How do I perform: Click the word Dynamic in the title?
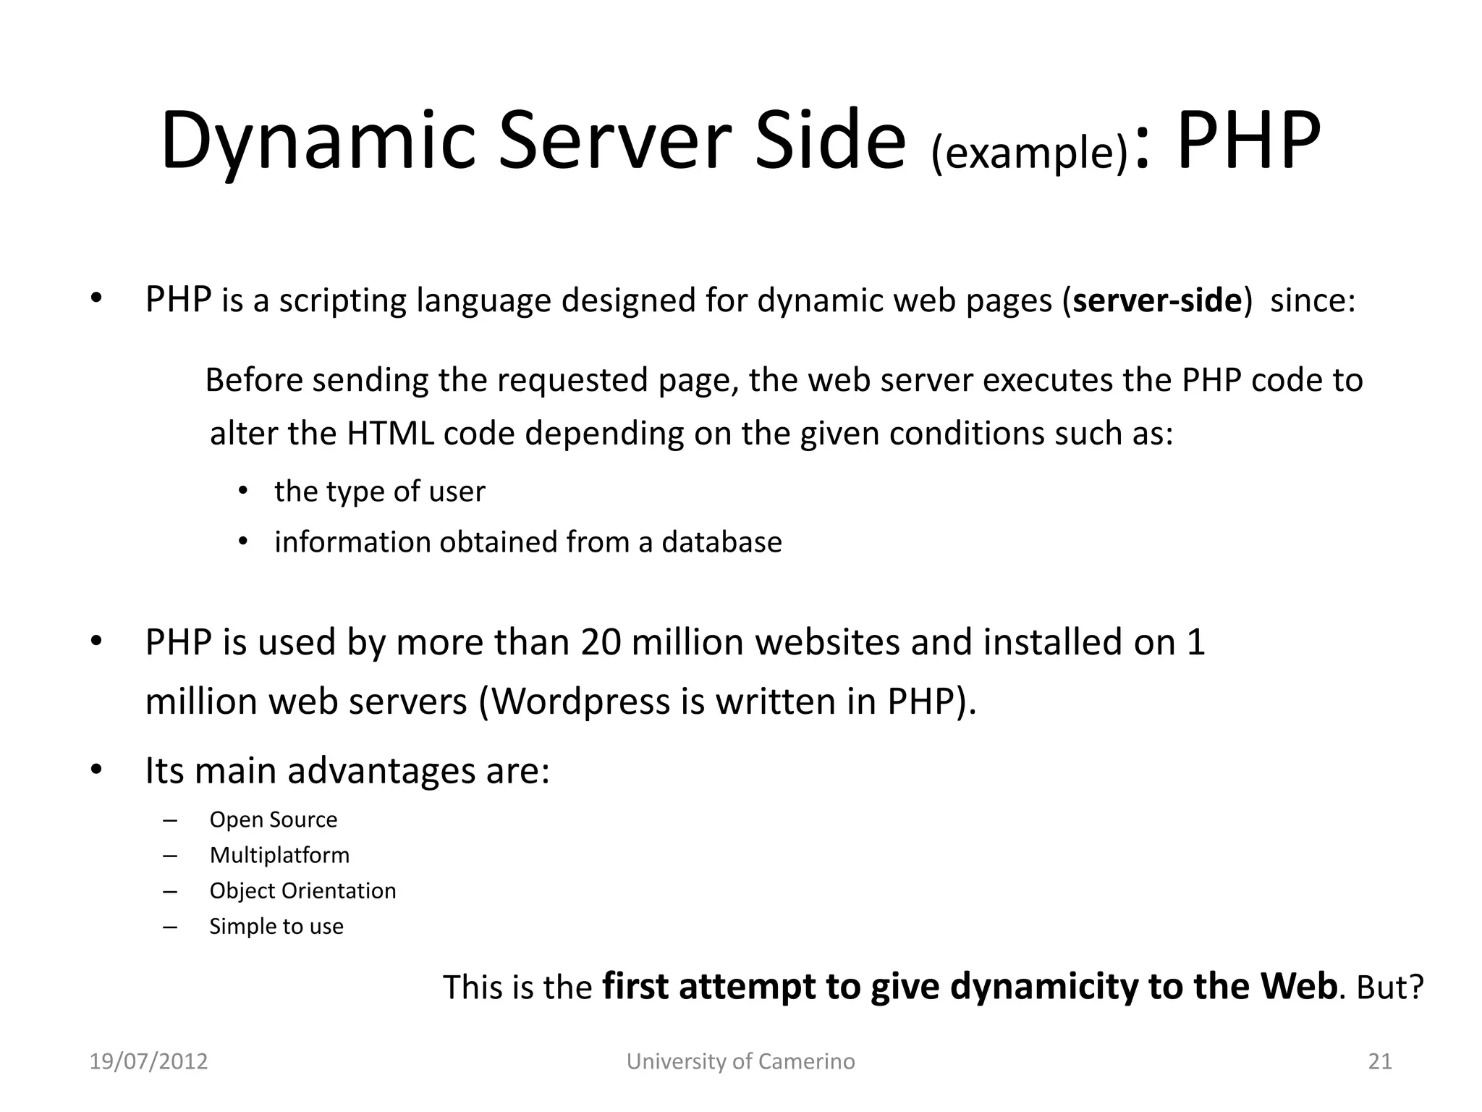click(318, 141)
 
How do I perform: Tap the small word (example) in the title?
click(1029, 153)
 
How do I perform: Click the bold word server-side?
click(1157, 300)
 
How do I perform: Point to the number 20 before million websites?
click(600, 642)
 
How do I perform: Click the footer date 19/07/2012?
click(148, 1061)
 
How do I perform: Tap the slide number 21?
click(1380, 1061)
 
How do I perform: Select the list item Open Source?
click(273, 820)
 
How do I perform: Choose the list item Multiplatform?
click(279, 855)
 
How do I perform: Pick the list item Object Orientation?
click(302, 890)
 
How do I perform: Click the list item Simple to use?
click(276, 926)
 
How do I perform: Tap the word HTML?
click(390, 434)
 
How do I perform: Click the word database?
click(721, 542)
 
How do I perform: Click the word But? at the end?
click(1390, 987)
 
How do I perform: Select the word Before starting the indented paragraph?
click(254, 380)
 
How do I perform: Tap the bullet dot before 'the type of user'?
click(243, 492)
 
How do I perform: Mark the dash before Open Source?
click(170, 820)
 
